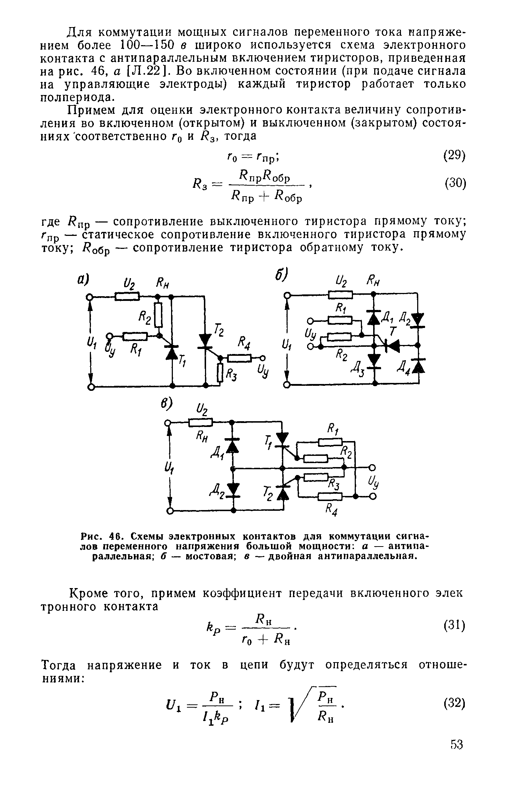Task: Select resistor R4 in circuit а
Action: (x=239, y=358)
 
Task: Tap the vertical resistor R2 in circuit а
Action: (x=158, y=315)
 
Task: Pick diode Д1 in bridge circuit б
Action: (x=374, y=317)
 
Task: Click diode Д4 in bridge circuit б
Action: (x=418, y=366)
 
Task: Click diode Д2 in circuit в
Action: (x=233, y=490)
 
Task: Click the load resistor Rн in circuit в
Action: (x=200, y=422)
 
